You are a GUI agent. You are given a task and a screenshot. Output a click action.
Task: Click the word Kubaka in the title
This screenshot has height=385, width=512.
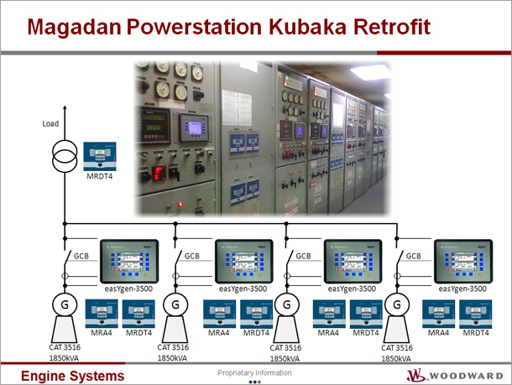tap(307, 27)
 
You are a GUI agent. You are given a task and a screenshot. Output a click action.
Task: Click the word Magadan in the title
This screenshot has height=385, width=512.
tap(75, 27)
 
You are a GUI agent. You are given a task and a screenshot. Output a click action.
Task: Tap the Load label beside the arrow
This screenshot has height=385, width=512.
tap(50, 123)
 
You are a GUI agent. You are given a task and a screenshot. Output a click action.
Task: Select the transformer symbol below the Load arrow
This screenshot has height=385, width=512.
tap(65, 156)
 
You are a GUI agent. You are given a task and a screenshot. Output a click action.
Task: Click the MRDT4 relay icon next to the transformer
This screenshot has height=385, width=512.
tap(100, 156)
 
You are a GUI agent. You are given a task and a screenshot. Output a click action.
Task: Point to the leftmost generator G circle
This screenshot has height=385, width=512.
tap(65, 304)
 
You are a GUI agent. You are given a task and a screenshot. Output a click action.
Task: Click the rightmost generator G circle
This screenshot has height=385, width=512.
tap(397, 305)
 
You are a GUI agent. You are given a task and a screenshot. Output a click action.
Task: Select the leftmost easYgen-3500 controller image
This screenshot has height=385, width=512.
tap(129, 262)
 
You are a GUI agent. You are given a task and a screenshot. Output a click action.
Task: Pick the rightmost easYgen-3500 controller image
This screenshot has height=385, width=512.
tap(463, 262)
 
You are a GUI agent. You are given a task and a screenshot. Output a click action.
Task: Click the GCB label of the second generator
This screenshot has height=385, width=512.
tap(192, 256)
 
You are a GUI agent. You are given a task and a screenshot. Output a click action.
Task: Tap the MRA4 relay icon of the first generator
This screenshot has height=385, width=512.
tap(102, 314)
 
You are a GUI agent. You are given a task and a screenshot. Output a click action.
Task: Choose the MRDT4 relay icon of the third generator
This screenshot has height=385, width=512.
tap(366, 314)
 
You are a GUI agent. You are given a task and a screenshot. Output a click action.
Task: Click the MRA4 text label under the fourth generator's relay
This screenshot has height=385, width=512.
tap(438, 333)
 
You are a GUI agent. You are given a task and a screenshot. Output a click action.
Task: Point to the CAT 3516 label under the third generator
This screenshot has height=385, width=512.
tap(285, 348)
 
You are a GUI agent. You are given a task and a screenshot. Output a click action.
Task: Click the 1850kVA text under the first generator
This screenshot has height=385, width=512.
tap(64, 358)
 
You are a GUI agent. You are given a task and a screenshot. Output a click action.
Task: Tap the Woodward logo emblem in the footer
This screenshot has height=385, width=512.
tap(416, 375)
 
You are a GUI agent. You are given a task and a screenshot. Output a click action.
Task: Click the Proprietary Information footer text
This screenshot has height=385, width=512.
tap(254, 373)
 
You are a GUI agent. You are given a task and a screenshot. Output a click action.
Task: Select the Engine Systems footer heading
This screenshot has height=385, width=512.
tap(73, 376)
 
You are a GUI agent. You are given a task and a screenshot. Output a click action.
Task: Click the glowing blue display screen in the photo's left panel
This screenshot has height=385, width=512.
tap(195, 128)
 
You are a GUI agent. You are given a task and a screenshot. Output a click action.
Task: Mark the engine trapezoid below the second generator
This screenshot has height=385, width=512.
tap(175, 330)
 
